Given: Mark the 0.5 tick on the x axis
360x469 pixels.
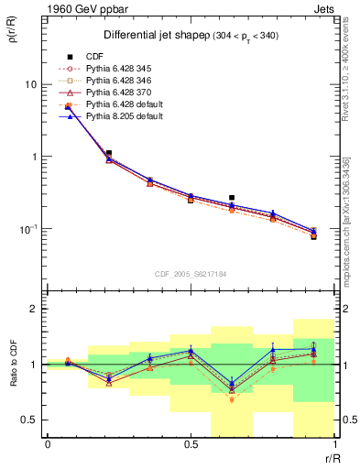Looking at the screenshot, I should [x=191, y=445].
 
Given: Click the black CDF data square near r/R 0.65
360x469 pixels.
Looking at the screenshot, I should [x=232, y=197].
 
